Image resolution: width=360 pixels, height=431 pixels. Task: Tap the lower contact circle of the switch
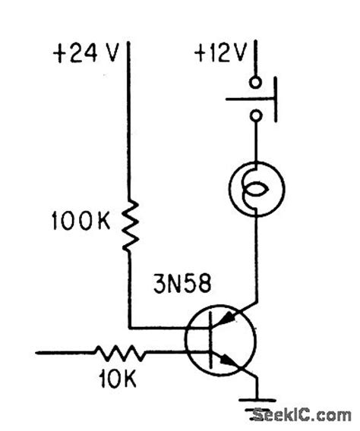click(x=257, y=116)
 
